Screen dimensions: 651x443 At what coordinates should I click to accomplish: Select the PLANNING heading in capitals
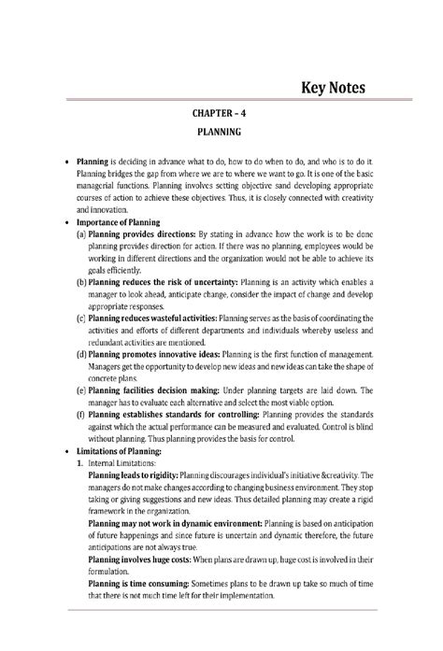point(221,133)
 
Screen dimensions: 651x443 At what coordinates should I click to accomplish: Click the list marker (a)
point(80,234)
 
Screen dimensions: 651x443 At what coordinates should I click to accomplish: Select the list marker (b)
point(81,281)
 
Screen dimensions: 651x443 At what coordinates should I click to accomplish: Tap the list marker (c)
point(80,318)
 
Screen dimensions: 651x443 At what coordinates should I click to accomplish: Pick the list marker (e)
point(80,391)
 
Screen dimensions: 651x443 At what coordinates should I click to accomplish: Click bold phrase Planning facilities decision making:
point(164,391)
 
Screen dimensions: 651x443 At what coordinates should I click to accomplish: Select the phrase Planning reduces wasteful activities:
point(159,318)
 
